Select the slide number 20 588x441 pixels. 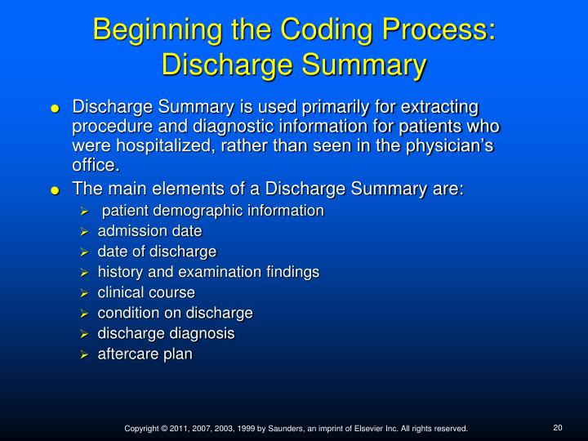[x=559, y=427]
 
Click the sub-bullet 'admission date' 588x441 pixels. [x=149, y=231]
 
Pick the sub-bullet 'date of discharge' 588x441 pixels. [x=157, y=252]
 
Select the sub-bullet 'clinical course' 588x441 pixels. [x=146, y=292]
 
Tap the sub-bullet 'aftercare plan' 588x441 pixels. [x=145, y=354]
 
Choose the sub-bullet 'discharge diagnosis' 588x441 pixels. [x=166, y=333]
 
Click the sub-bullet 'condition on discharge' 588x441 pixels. [x=175, y=313]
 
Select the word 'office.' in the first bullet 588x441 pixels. [x=96, y=166]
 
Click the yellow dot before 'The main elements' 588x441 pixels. [x=55, y=191]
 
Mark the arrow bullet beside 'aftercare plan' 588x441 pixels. [x=84, y=354]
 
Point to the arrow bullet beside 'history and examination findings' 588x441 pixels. [x=84, y=273]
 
